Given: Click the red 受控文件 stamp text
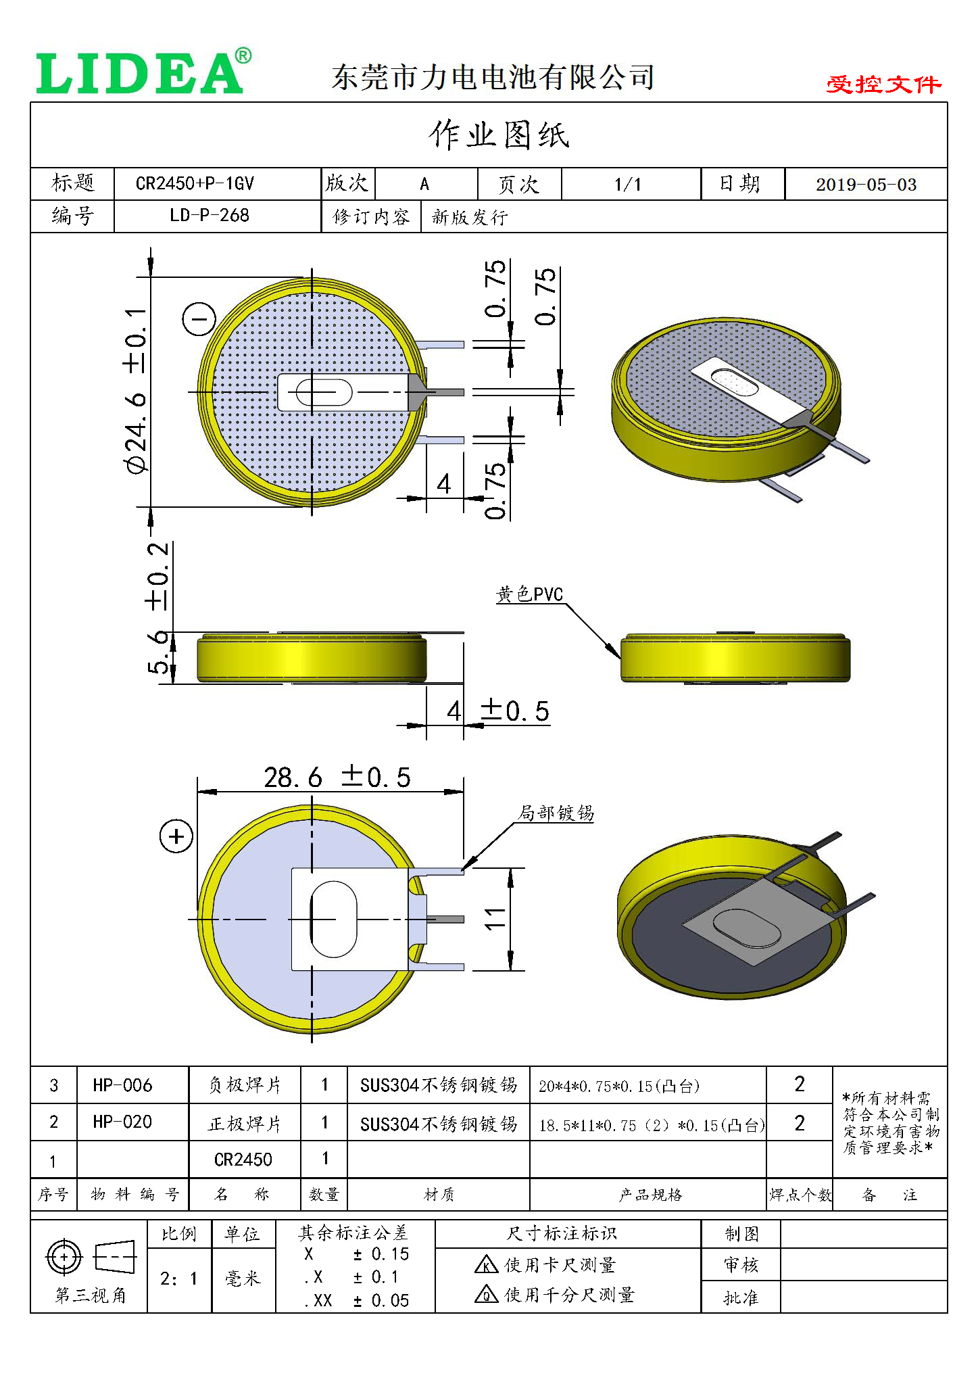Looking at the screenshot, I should click(883, 85).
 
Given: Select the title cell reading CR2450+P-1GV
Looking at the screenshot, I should click(195, 184).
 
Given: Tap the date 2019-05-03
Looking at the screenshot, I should click(866, 185).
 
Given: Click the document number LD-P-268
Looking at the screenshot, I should click(210, 216).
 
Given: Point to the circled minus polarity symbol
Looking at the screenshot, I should click(199, 319).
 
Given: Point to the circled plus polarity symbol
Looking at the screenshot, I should click(176, 837).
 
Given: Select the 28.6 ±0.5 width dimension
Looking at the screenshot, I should click(337, 778).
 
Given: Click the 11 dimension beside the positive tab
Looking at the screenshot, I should click(495, 918).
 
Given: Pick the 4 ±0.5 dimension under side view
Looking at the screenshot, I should click(498, 711).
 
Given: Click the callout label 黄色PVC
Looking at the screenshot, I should click(530, 594).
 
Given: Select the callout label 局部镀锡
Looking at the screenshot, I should click(556, 813).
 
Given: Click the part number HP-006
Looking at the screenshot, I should click(122, 1085).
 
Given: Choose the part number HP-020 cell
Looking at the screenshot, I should click(122, 1122).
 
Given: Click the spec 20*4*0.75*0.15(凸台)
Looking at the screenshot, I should click(618, 1086).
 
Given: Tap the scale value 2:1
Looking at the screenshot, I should click(179, 1279).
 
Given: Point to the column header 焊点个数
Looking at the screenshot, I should click(800, 1195).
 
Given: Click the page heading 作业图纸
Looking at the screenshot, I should click(499, 135).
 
